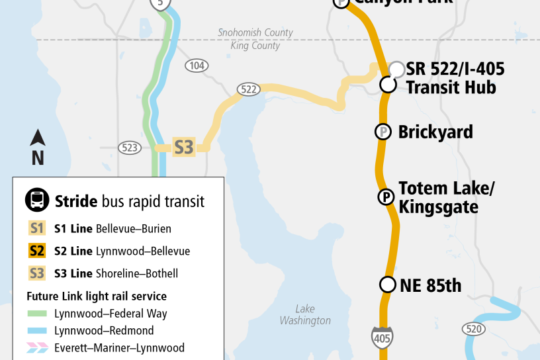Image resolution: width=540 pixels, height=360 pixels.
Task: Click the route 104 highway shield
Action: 197,66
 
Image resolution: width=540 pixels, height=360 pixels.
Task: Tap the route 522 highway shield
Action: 249,89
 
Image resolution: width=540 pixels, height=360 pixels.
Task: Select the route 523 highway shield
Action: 129,148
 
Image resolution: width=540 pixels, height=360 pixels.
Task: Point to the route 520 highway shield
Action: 472,328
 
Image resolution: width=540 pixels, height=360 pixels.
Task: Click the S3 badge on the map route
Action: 183,147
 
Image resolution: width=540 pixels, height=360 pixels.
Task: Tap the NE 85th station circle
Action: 387,285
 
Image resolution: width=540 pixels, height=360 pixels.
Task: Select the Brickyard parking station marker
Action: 382,132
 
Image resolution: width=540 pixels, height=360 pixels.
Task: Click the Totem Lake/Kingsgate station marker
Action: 384,197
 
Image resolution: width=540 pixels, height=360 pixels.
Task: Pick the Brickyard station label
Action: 435,132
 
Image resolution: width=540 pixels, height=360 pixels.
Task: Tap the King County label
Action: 255,46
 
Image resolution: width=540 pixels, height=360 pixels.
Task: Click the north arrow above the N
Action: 38,138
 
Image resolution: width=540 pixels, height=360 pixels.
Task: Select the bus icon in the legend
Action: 37,201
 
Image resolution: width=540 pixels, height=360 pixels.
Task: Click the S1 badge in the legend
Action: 37,229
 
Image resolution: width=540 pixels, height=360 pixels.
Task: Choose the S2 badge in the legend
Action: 37,251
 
